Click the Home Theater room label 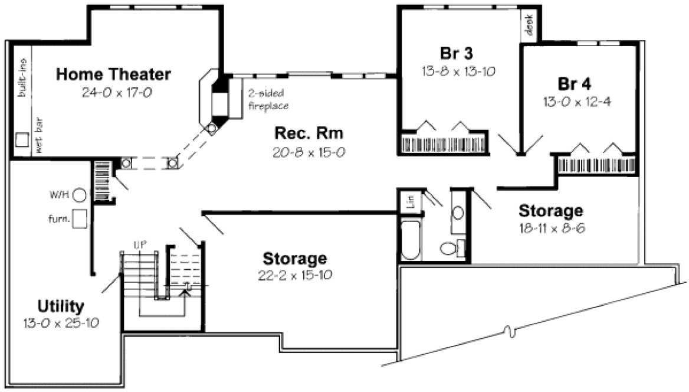point(113,74)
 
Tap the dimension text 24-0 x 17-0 point(113,92)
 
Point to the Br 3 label point(457,53)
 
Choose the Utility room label point(61,306)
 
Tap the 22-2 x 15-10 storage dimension point(294,276)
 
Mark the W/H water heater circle point(80,194)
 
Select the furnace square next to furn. point(80,219)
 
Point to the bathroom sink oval point(458,213)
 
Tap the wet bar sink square point(22,139)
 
